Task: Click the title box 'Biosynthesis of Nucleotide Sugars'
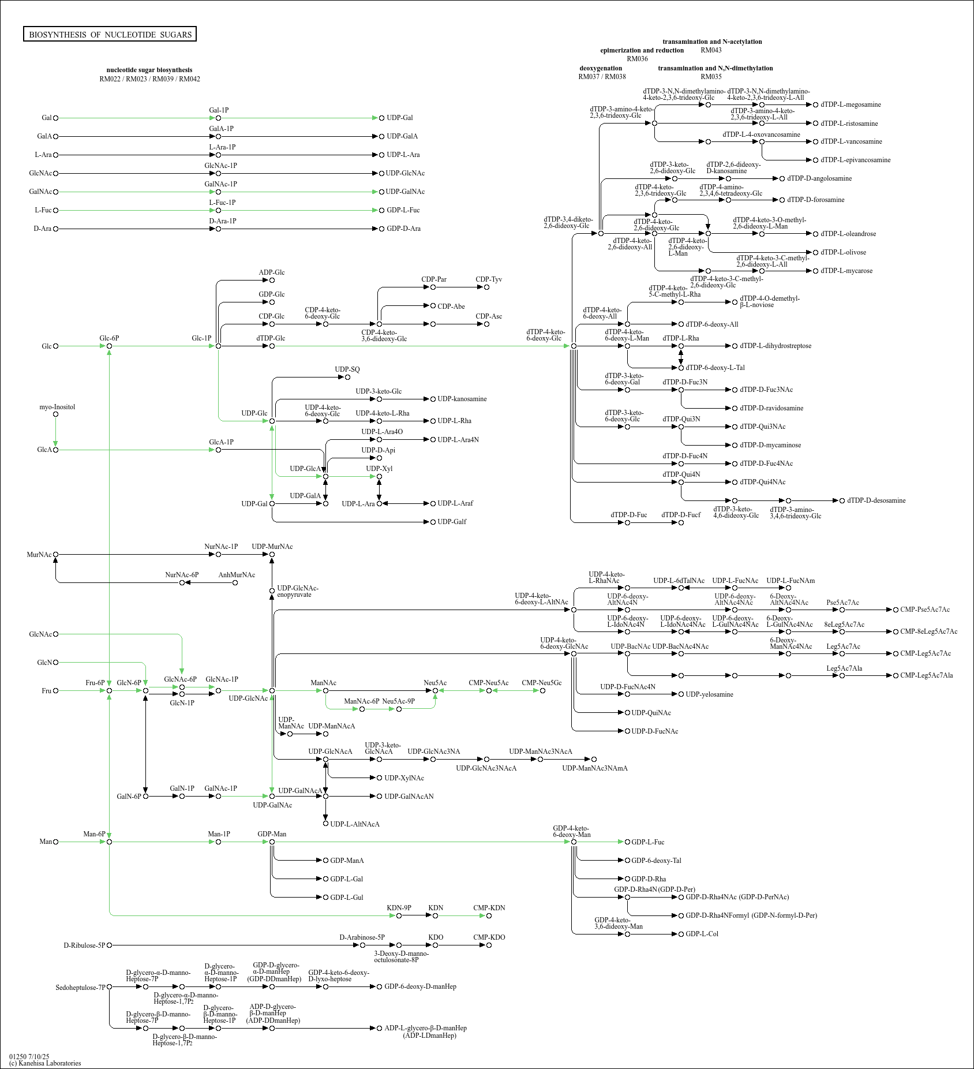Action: [x=110, y=35]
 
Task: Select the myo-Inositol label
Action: [x=57, y=407]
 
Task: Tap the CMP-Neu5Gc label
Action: [x=541, y=683]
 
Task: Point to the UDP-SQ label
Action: [x=347, y=369]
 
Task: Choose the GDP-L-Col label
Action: [x=702, y=934]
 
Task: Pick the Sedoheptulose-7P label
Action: [x=80, y=988]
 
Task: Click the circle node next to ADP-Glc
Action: [x=272, y=281]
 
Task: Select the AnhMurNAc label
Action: [x=237, y=575]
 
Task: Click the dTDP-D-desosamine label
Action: [x=876, y=500]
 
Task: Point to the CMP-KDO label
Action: [x=489, y=937]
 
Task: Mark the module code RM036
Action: [x=637, y=59]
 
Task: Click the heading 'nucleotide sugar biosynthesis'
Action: [x=149, y=70]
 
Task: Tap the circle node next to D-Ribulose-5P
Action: [x=109, y=945]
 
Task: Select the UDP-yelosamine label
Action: [x=709, y=694]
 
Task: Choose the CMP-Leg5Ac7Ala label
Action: [x=926, y=675]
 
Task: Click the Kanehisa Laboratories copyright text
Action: [x=45, y=1063]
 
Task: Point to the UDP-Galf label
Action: [x=452, y=522]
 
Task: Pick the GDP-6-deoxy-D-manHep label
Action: [x=420, y=986]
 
